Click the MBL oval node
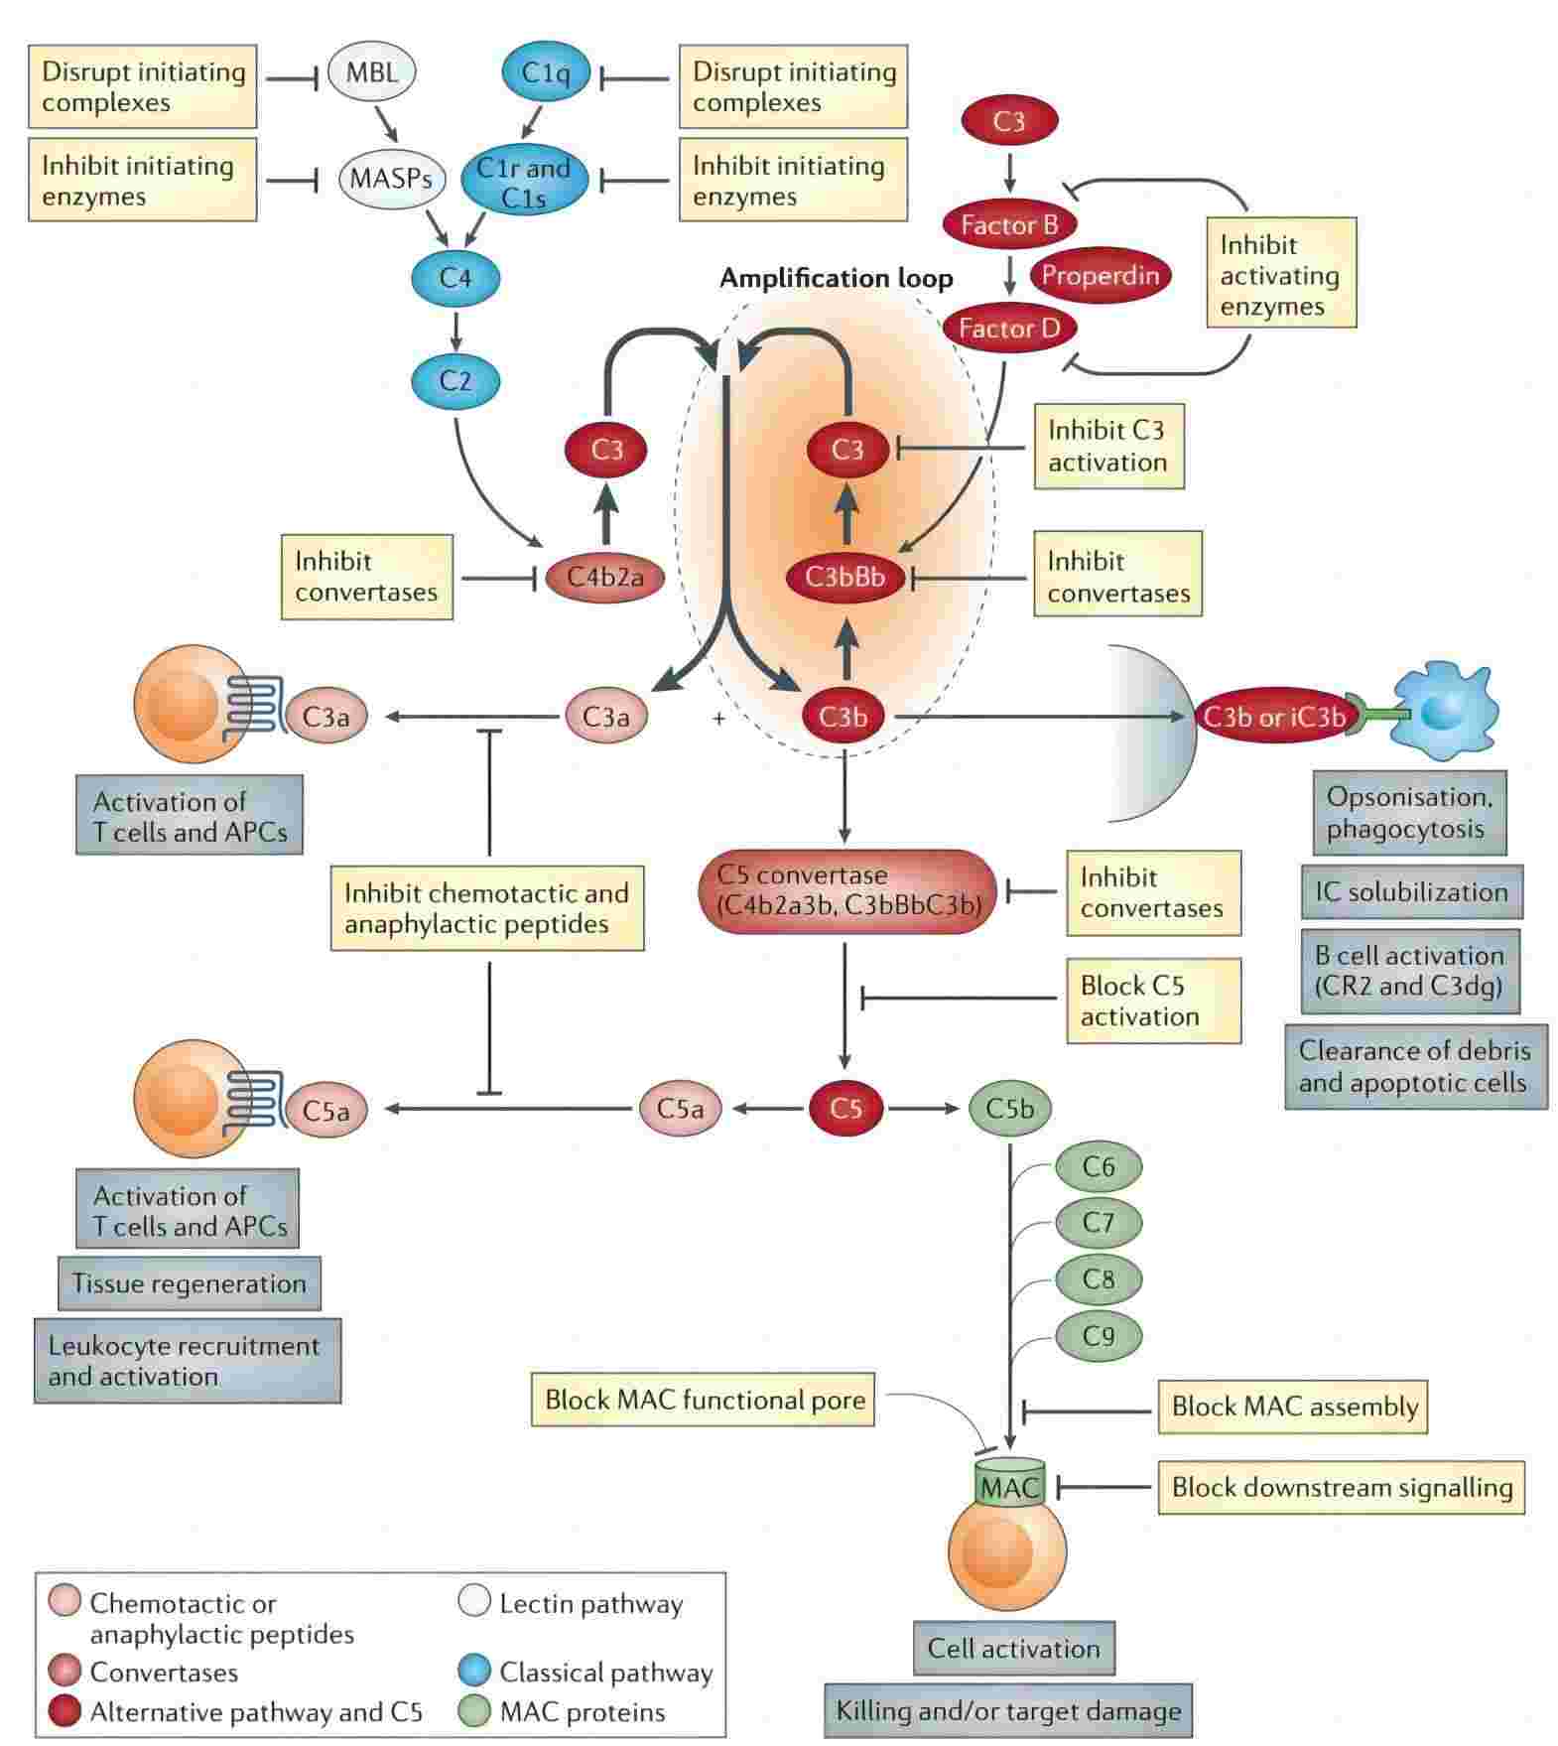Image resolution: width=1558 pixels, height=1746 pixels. (x=371, y=71)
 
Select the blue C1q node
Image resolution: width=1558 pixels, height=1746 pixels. (x=545, y=71)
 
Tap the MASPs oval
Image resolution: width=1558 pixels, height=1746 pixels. (x=390, y=179)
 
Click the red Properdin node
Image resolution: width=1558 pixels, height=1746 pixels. (x=1100, y=275)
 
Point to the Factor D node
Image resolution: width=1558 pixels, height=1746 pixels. (x=1008, y=328)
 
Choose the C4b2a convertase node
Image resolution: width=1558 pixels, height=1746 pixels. (x=604, y=577)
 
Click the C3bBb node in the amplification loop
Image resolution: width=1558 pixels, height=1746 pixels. (x=844, y=577)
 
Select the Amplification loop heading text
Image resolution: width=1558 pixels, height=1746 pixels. (x=836, y=278)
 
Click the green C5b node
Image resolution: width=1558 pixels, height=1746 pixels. (x=1009, y=1108)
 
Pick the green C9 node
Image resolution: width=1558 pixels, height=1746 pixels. (x=1098, y=1336)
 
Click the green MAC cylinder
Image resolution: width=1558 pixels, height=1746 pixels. (x=1009, y=1486)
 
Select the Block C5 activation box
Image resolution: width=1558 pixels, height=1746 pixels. (x=1153, y=1001)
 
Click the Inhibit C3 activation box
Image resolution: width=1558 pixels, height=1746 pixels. (x=1108, y=446)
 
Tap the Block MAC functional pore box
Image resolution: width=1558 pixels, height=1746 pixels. (x=703, y=1400)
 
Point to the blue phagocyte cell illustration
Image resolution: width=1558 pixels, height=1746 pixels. (x=1443, y=711)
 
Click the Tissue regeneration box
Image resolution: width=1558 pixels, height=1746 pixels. (x=189, y=1283)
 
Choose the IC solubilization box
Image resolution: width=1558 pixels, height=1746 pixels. (x=1411, y=891)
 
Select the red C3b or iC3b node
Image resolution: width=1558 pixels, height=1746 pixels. (x=1272, y=717)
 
